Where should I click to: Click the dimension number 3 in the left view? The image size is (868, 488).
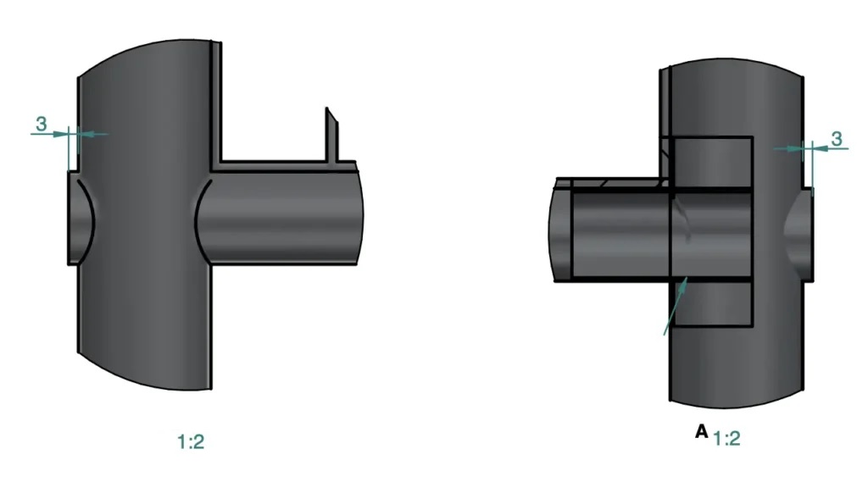coord(41,124)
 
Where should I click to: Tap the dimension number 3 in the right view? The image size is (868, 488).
coord(837,139)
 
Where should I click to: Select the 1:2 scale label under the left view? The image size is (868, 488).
coord(191,441)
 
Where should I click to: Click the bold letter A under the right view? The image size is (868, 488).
coord(701,431)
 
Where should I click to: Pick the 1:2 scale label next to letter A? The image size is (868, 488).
coord(727,438)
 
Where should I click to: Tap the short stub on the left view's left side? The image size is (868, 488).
coord(81,218)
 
